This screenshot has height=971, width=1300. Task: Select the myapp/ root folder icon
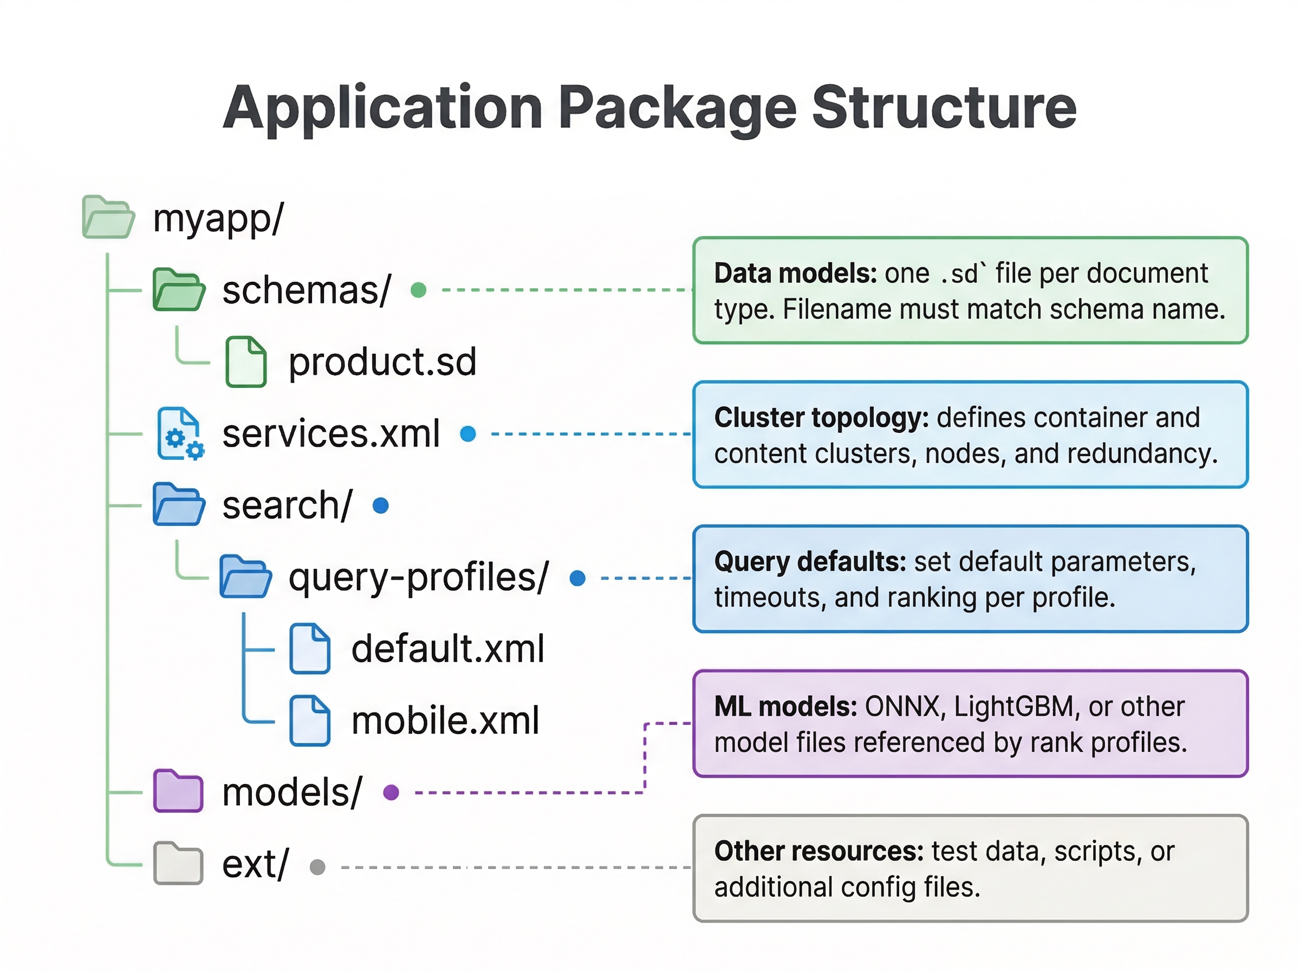108,217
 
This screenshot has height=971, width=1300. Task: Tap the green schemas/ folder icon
179,290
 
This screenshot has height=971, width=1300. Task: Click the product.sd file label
382,361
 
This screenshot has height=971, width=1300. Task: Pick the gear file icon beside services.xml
180,434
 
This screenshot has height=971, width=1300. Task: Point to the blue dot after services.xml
467,434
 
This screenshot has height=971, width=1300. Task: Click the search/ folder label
287,506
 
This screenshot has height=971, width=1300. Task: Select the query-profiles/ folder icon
245,577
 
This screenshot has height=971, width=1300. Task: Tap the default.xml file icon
310,648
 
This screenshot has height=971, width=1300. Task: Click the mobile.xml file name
445,721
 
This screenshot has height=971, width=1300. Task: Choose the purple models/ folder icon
178,791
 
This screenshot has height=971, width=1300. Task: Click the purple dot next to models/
391,792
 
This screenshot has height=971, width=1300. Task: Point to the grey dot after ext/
317,867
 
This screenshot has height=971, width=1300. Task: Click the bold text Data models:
795,274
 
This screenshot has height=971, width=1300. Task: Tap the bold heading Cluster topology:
821,418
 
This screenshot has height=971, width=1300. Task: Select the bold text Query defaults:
810,562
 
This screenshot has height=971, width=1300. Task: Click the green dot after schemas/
418,290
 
